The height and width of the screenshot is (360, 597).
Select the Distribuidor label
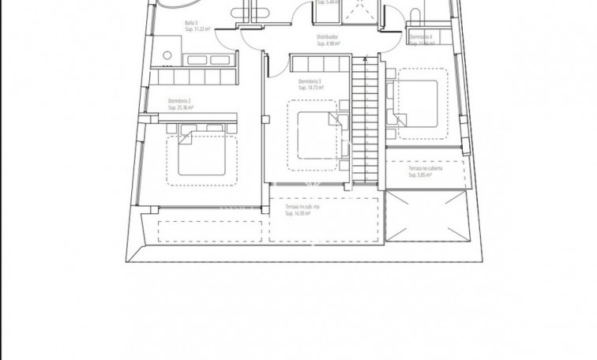click(327, 37)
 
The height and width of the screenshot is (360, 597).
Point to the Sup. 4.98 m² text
click(328, 43)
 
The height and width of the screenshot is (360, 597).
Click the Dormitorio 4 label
click(420, 37)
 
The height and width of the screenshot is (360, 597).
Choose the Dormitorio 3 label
click(310, 82)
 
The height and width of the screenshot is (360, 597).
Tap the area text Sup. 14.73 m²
click(312, 88)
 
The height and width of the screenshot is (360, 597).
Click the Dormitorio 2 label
click(180, 101)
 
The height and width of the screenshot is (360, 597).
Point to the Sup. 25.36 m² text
click(182, 108)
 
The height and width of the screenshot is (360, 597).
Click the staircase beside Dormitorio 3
click(364, 118)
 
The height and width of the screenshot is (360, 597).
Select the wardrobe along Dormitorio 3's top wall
click(315, 63)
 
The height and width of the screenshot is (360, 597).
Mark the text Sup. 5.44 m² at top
click(329, 2)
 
